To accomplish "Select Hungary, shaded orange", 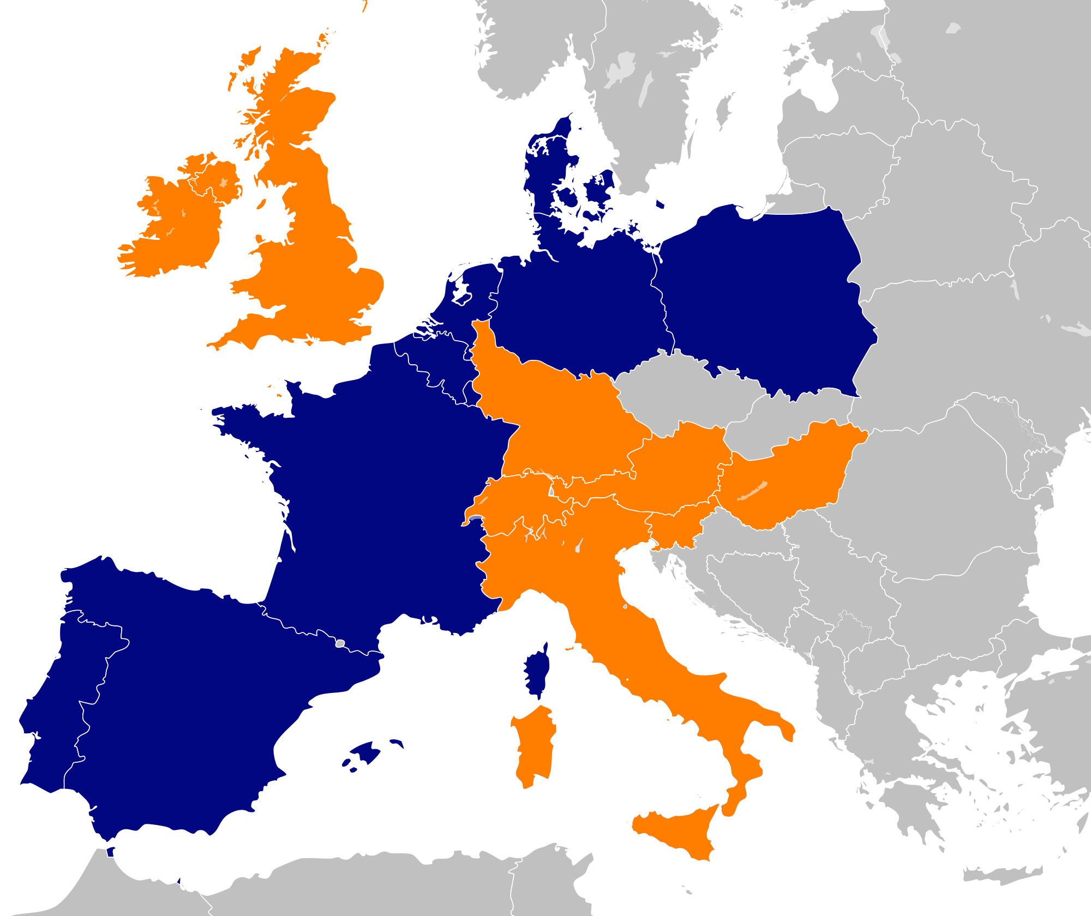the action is point(791,480).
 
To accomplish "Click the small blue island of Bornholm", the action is point(660,204).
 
